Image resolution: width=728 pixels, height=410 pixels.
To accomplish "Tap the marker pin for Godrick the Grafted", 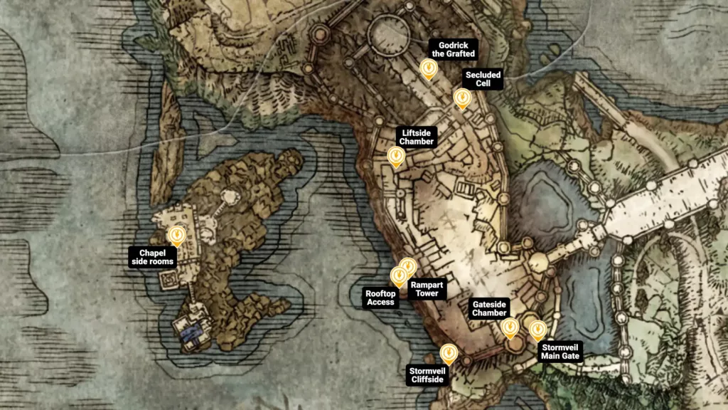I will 428,68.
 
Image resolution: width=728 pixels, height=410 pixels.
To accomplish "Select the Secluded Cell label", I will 483,79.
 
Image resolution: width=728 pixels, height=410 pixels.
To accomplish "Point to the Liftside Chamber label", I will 417,137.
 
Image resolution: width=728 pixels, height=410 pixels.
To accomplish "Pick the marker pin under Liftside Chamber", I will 395,156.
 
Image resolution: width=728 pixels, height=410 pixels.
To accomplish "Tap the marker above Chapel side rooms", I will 176,234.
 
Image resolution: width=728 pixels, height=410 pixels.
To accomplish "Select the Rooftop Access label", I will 380,298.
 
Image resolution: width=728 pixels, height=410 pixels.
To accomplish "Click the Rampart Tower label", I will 427,289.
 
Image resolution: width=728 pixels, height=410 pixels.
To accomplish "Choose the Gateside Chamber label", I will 490,308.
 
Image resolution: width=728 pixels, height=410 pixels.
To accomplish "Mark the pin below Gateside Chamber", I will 510,327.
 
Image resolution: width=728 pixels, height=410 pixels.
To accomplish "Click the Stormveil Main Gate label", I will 561,351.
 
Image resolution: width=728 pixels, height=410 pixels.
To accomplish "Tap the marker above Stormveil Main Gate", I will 537,330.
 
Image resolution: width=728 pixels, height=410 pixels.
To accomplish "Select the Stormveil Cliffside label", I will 427,374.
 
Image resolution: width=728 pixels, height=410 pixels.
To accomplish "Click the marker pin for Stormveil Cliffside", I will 448,353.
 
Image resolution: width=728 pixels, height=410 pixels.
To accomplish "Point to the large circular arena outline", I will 388,33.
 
